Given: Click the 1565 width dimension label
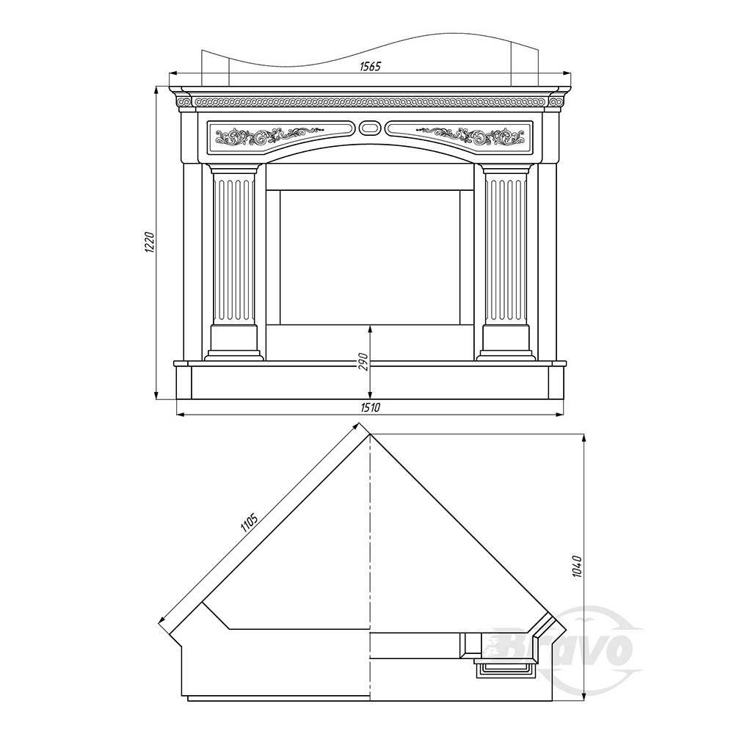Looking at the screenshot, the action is pyautogui.click(x=370, y=67).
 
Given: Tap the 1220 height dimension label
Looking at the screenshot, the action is pyautogui.click(x=149, y=242).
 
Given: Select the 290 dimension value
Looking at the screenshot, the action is pyautogui.click(x=364, y=361).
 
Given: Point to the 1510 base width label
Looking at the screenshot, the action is pyautogui.click(x=370, y=407).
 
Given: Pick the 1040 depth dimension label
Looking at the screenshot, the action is pyautogui.click(x=577, y=566).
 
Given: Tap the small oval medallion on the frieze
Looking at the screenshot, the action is pyautogui.click(x=370, y=127).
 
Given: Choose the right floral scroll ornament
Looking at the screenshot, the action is pyautogui.click(x=470, y=136).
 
